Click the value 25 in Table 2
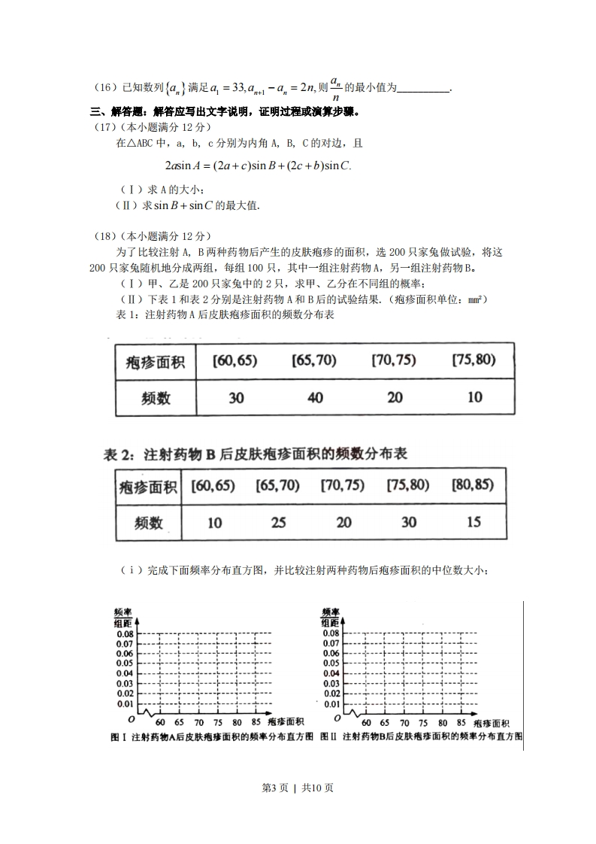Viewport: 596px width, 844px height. (278, 521)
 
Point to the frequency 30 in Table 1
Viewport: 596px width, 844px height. (236, 398)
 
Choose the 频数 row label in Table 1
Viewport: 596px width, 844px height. (156, 398)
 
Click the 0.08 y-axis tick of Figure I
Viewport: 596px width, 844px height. (123, 633)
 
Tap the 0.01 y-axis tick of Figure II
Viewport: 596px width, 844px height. (331, 703)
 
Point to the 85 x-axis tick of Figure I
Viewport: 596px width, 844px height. (256, 722)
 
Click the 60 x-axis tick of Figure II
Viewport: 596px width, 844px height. (367, 722)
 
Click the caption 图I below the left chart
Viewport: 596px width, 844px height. (119, 737)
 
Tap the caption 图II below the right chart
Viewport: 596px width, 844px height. (328, 737)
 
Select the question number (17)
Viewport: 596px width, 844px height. (104, 127)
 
